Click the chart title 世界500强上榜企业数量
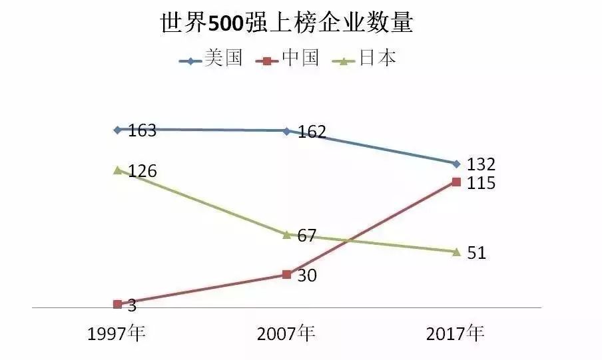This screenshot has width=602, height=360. (287, 24)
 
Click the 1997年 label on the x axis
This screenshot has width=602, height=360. (117, 333)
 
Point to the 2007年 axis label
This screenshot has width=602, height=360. (286, 333)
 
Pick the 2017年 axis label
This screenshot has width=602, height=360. (455, 333)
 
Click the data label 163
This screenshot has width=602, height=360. (142, 130)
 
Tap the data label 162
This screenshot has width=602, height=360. (311, 132)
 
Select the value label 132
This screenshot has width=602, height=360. (480, 164)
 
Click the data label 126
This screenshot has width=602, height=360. (142, 172)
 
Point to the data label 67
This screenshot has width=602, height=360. (306, 236)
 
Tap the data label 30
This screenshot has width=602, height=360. (306, 275)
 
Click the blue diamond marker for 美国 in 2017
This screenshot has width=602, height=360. (455, 164)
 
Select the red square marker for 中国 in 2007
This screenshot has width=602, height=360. (286, 274)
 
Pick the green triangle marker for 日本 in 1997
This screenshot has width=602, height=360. (117, 170)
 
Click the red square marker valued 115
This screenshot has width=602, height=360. (455, 182)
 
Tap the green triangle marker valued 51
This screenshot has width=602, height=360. (455, 252)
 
